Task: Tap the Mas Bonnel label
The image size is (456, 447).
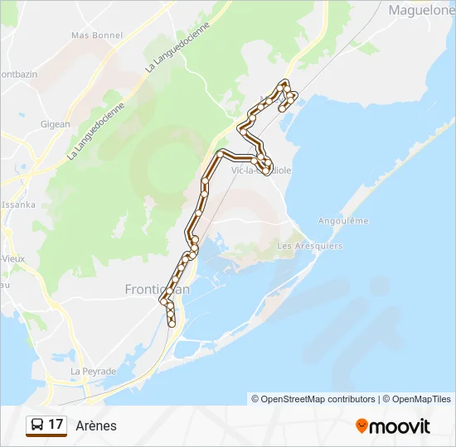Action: coord(97,36)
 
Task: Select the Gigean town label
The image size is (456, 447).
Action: coord(56,124)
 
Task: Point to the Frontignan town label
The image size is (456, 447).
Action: coord(157,289)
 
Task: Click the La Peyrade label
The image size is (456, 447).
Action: coord(93,372)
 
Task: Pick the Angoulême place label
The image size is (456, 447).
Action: coord(343,221)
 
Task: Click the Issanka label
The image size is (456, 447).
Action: coord(18,204)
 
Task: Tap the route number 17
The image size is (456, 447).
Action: coord(56,425)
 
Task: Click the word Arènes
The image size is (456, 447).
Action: coord(96,425)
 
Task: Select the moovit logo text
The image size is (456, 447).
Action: coord(400,426)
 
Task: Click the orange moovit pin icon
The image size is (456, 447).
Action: coord(361,426)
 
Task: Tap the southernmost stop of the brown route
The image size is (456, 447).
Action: coord(172,324)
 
